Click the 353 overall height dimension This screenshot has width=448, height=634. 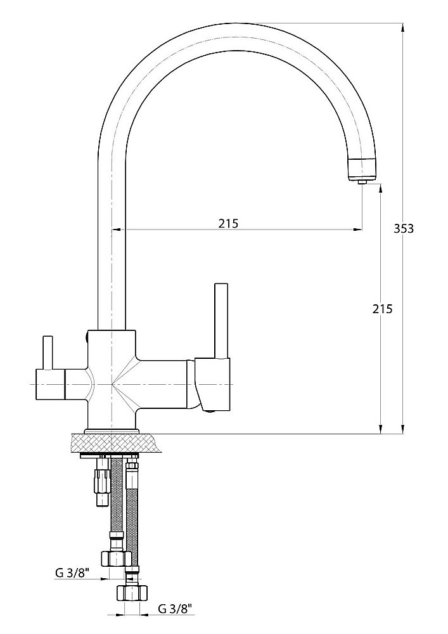point(404,228)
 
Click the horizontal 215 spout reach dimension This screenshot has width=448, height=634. point(228,223)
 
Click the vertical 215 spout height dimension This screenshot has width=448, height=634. point(382,309)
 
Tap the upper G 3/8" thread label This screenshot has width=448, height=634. point(72,573)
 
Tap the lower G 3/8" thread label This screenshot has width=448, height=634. point(174,608)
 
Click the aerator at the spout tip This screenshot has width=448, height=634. point(362,169)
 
